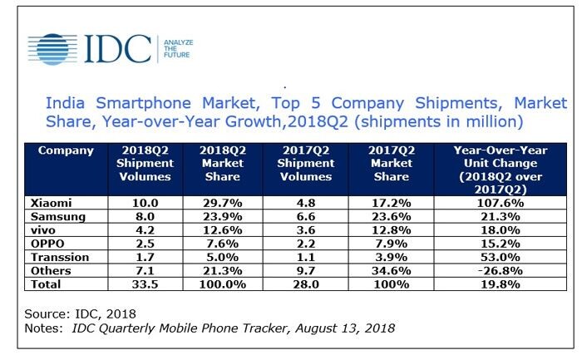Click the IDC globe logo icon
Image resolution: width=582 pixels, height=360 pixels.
52,49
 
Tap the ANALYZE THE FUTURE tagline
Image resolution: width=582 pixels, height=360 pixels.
178,48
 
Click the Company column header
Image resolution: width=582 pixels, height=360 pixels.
66,150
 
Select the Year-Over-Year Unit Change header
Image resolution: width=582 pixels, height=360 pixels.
501,170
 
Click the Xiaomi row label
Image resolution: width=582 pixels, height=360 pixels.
51,203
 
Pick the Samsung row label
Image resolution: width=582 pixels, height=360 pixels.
58,217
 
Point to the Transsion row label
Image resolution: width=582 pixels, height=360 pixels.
60,257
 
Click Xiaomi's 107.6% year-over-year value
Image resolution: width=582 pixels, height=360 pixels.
501,203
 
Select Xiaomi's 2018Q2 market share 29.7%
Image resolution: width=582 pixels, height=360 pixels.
222,203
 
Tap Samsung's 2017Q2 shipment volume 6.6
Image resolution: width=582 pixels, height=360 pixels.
306,217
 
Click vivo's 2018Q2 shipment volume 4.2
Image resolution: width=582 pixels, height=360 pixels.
145,230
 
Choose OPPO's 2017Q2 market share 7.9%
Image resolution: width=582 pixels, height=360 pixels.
392,244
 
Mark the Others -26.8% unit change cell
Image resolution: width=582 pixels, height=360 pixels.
501,271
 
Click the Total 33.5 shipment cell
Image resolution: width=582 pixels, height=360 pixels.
145,284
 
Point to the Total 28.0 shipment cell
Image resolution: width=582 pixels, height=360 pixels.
306,284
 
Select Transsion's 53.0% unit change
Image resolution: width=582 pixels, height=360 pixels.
501,257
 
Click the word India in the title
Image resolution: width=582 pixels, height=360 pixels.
65,103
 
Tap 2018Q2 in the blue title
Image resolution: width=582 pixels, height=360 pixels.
318,121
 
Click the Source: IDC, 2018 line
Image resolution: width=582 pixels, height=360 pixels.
80,314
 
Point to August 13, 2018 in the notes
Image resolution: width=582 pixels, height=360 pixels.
345,328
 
